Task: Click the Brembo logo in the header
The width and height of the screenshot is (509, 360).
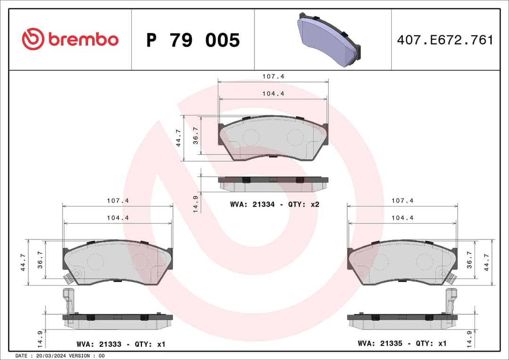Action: point(70,40)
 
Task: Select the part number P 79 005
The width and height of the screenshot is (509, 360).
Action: point(193,41)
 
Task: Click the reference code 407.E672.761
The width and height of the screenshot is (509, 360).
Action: point(445,40)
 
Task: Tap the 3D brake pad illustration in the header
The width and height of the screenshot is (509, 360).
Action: point(328,40)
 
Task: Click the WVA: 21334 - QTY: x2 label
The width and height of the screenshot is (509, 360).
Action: point(275,205)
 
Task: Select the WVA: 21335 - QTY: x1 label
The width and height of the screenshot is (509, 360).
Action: point(402,344)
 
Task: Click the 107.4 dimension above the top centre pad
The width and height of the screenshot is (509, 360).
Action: point(273,76)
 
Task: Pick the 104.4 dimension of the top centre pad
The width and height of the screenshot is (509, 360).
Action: point(273,93)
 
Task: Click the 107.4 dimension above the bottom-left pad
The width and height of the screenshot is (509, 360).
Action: point(117,200)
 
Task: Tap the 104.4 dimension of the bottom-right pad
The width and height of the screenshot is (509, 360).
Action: point(402,218)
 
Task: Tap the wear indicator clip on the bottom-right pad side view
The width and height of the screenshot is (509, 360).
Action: point(451,300)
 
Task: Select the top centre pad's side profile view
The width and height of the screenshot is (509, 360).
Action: point(273,184)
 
